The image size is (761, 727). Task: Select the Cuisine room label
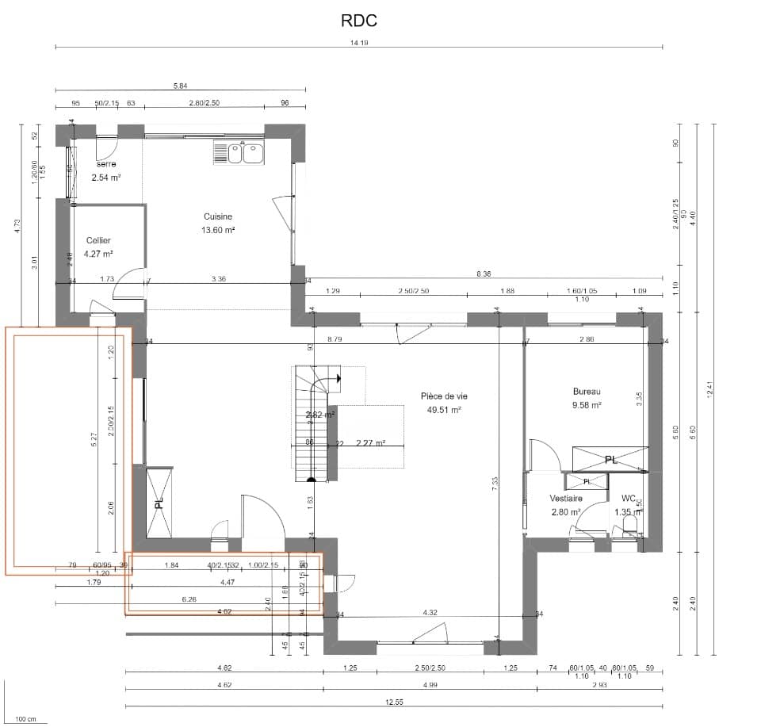(x=218, y=216)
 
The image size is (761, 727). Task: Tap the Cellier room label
(x=99, y=240)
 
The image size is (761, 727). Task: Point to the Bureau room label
(x=587, y=391)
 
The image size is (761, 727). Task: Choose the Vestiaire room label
(x=567, y=499)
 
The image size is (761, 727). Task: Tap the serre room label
(x=105, y=164)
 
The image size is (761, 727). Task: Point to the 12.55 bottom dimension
(x=395, y=702)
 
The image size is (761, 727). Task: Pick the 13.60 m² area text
(x=218, y=230)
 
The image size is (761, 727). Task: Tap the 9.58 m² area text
(x=587, y=404)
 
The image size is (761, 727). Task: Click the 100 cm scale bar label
(x=25, y=719)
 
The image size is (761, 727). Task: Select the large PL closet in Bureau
(x=610, y=459)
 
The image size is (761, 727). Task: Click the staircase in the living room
(x=313, y=424)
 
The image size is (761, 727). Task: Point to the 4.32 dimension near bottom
(x=430, y=612)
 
